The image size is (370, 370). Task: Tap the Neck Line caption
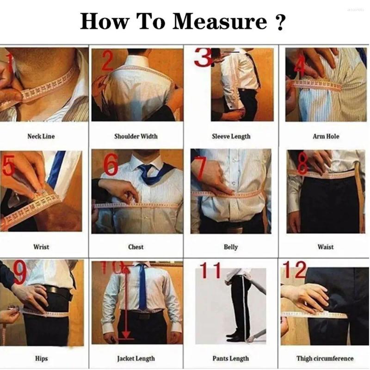[x=41, y=136]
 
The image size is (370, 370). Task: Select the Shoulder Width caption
[x=136, y=136]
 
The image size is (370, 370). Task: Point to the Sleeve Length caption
[x=231, y=136]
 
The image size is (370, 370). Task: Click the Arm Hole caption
[x=326, y=136]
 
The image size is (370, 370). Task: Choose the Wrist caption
[x=41, y=247]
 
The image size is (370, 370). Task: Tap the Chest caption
[x=136, y=247]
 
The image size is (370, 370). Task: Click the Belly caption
[x=231, y=247]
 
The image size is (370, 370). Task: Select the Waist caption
[x=326, y=247]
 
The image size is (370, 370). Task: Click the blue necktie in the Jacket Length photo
[x=143, y=287]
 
